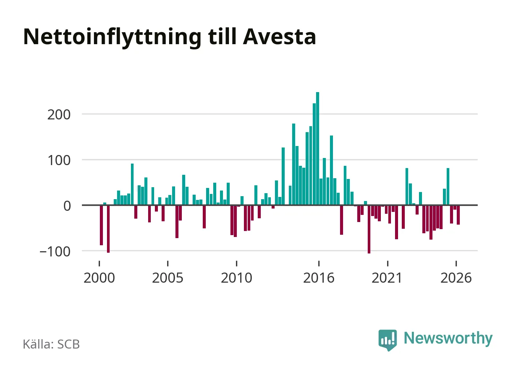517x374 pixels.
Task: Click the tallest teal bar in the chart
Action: coord(318,148)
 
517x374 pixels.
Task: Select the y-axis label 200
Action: coord(59,115)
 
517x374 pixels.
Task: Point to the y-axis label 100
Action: coord(59,160)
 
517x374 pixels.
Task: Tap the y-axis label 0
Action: coord(67,206)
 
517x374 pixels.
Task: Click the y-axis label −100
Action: coord(55,252)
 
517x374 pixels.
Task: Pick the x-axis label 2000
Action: coord(99,278)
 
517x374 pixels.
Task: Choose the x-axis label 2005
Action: coord(168,278)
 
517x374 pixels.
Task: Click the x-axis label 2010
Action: coord(236,278)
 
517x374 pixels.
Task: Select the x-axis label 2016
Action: coord(319,278)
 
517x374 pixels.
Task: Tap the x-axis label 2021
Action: coord(387,278)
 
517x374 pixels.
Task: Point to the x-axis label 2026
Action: coord(456,278)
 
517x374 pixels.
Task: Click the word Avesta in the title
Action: coord(279,37)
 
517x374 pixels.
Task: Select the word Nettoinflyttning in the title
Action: coord(112,38)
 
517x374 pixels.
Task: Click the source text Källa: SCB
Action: coord(51,344)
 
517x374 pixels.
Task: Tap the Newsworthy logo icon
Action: coord(388,340)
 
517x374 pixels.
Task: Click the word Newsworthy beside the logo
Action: coord(448,338)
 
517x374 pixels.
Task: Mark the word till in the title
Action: coord(223,36)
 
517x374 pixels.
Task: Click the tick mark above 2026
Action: coord(456,264)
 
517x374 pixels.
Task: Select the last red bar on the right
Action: coord(458,215)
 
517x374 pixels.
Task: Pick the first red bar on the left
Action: coord(101,225)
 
